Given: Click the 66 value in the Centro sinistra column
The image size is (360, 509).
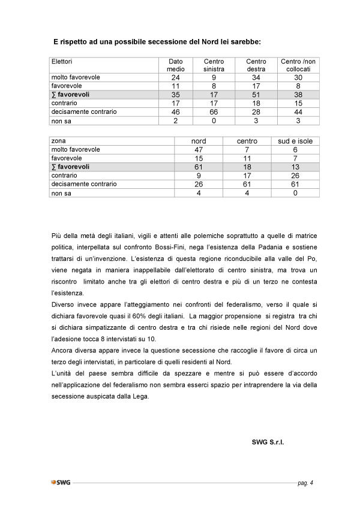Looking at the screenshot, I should (x=214, y=112).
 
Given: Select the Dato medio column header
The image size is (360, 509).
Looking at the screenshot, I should (x=175, y=65).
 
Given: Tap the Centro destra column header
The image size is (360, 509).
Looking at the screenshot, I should (x=256, y=65).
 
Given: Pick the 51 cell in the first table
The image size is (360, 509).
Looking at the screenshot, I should (x=256, y=94).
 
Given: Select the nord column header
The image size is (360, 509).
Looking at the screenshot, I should (x=198, y=141).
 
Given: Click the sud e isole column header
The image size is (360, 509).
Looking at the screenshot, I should (x=295, y=141).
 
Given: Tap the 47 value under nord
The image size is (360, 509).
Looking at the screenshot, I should (x=198, y=149).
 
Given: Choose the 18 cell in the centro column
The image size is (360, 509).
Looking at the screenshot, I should (x=247, y=167).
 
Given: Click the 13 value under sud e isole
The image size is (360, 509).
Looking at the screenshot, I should (x=295, y=167).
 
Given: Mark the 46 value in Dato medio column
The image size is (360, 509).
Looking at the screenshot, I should (x=175, y=112).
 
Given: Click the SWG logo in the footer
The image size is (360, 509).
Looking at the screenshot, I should (x=61, y=482).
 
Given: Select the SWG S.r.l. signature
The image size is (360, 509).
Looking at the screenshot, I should (x=268, y=442).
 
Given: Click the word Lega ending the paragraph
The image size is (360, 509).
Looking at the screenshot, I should (x=138, y=396).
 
